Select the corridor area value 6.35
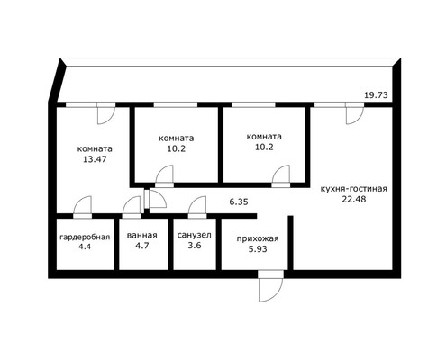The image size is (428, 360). tap(239, 202)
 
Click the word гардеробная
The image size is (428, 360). tap(85, 237)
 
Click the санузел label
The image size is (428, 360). tap(194, 237)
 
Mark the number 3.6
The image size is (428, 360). tap(194, 247)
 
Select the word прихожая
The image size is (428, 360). tap(257, 238)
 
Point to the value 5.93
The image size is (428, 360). tap(257, 250)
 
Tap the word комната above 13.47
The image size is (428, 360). tap(94, 148)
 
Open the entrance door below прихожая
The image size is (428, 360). tap(268, 290)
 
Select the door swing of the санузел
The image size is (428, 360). tap(197, 206)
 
